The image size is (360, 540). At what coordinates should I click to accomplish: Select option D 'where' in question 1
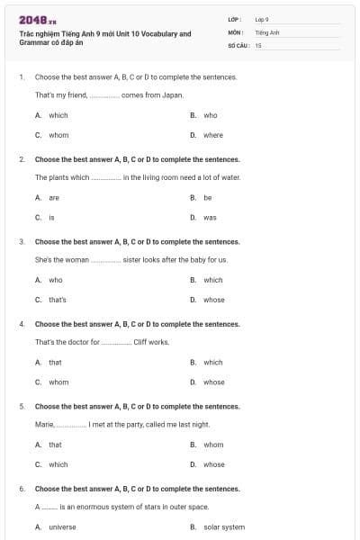[x=213, y=135]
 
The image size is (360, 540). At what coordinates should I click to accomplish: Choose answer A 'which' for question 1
[x=58, y=115]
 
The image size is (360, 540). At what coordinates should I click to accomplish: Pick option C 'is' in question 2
[x=51, y=217]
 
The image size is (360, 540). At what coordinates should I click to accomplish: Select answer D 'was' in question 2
[x=210, y=217]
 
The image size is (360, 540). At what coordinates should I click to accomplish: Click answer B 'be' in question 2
[x=208, y=197]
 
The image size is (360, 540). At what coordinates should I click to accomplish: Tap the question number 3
[x=22, y=241]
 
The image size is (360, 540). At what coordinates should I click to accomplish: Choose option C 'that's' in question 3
[x=58, y=300]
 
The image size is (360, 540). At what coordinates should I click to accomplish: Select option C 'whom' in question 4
[x=58, y=382]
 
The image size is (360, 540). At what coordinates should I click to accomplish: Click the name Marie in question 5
[x=44, y=424]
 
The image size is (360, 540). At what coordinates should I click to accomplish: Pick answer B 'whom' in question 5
[x=213, y=445]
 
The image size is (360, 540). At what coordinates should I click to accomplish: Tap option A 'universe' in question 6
[x=62, y=526]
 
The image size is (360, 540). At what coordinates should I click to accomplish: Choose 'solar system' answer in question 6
[x=224, y=526]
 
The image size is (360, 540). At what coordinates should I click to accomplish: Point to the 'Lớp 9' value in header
[x=262, y=19]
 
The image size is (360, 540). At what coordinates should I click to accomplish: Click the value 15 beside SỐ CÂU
[x=258, y=45]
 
